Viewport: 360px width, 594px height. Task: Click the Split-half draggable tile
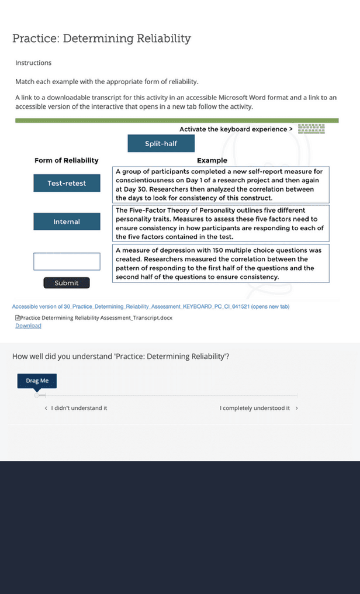(161, 144)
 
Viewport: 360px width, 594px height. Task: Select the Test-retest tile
(67, 184)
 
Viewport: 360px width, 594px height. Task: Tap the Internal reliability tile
(67, 222)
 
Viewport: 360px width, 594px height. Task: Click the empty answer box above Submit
(67, 261)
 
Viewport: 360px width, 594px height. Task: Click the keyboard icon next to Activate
(311, 129)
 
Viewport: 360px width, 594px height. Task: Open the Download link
(28, 326)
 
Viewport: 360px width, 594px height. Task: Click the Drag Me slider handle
(37, 381)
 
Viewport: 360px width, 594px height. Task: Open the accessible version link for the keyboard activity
(150, 307)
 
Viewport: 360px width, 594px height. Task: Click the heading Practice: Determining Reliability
(102, 39)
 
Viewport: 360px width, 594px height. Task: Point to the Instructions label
(33, 63)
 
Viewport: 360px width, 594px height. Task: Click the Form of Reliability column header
(67, 161)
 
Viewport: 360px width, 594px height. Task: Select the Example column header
(212, 161)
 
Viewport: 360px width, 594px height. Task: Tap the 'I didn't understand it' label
(79, 408)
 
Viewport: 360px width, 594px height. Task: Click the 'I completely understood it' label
(255, 408)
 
